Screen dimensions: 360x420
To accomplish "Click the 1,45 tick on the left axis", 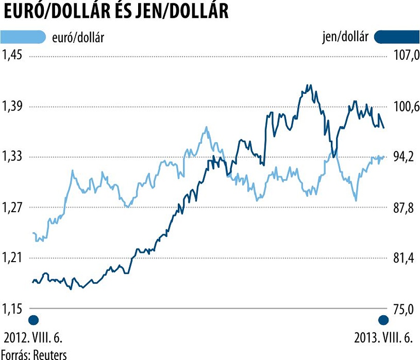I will coord(13,55).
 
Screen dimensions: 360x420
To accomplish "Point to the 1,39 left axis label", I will coord(13,107).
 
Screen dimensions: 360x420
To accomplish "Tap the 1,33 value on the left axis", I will coord(13,157).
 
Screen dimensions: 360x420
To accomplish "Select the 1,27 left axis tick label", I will coord(13,208).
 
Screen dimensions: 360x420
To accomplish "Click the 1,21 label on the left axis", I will coord(13,258).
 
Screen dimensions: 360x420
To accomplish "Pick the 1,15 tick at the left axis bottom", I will coord(13,308).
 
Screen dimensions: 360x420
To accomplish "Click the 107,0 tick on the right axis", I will coord(404,56).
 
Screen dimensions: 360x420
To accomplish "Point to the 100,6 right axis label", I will coord(404,107).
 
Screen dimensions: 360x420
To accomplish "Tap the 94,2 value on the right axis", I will coord(404,157).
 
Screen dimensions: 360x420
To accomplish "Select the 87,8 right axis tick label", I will coord(404,208).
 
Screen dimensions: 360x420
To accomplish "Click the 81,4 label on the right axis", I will coord(404,258).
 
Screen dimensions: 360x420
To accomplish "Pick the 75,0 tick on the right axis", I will coord(404,309).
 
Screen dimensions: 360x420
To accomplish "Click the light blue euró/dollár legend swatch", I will coord(23,37).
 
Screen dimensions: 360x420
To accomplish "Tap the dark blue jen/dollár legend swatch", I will coord(397,37).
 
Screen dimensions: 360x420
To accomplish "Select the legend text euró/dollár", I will coord(77,38).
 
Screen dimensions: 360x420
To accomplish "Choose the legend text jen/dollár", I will coord(345,37).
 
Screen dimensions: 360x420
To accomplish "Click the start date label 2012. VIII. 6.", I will coord(33,338).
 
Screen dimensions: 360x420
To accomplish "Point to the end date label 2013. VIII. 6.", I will coord(384,338).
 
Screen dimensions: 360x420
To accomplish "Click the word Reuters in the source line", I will coord(49,354).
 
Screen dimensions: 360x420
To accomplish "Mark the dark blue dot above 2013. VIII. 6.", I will coord(384,320).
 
